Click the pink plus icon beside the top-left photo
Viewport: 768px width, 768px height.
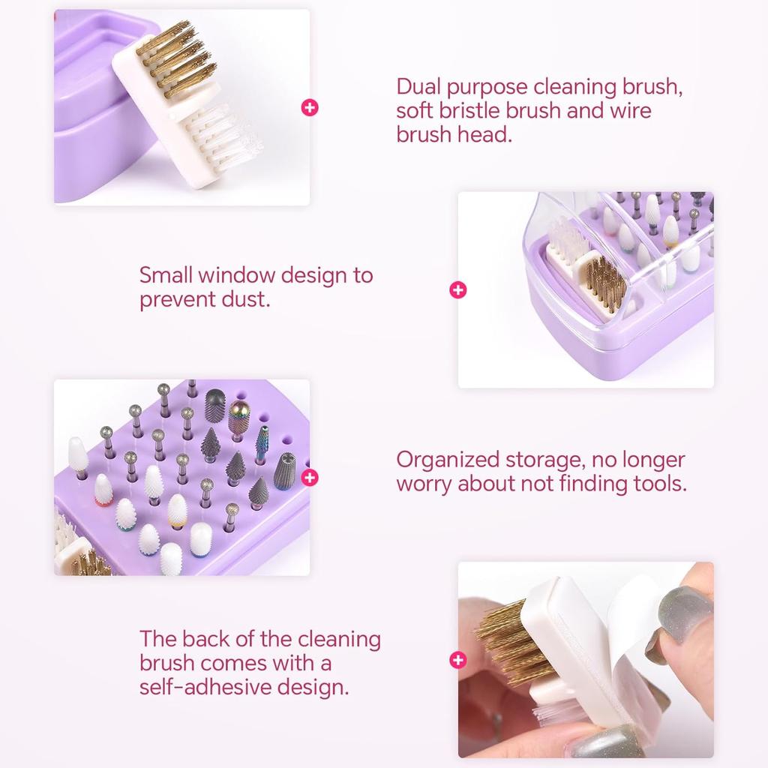pyautogui.click(x=310, y=107)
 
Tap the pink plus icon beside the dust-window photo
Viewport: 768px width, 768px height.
pyautogui.click(x=457, y=290)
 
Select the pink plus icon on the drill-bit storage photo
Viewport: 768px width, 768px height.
pyautogui.click(x=309, y=477)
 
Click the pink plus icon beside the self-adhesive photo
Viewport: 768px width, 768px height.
pyautogui.click(x=457, y=660)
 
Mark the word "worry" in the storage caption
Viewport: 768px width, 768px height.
pyautogui.click(x=424, y=484)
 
